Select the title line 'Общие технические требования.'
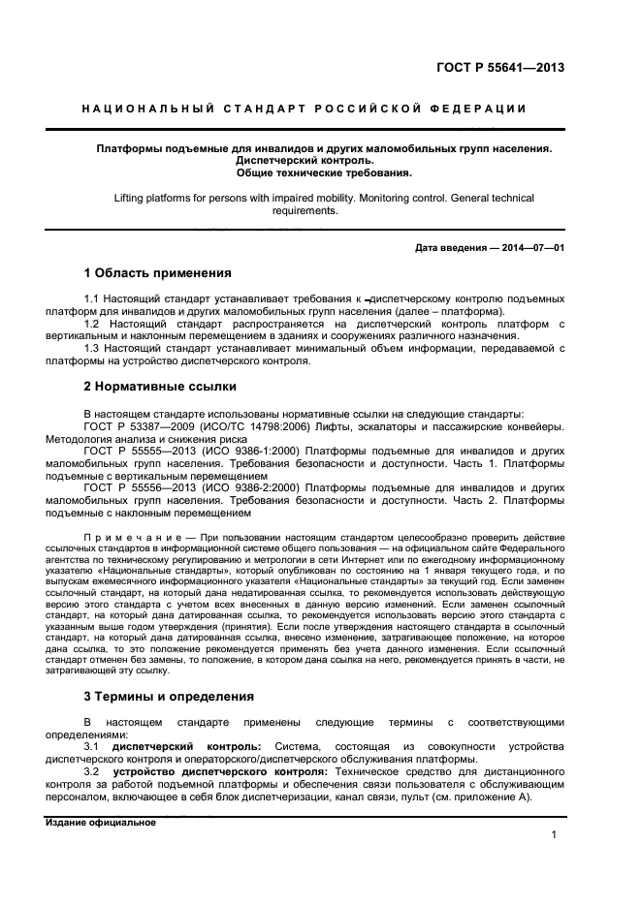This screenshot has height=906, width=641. (x=324, y=173)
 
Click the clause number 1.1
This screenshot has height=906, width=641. (x=92, y=299)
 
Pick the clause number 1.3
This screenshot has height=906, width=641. (x=92, y=348)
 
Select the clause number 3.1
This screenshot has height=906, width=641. (x=92, y=747)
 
